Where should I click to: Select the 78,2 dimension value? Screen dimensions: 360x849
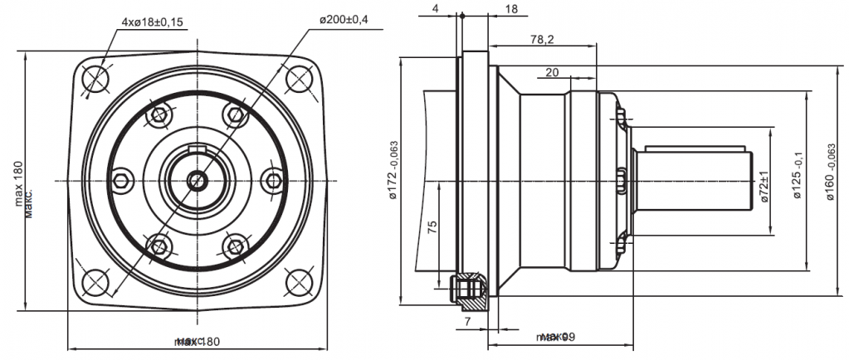(x=544, y=39)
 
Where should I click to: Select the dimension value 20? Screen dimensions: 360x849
(x=553, y=73)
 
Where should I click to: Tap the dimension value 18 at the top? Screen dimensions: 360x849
(x=510, y=9)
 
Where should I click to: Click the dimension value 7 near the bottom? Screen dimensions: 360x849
(x=467, y=319)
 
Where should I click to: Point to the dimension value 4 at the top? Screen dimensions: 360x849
(x=435, y=9)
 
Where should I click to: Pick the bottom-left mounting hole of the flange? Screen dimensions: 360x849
(x=97, y=282)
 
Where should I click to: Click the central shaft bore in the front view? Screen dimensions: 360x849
(x=198, y=179)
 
